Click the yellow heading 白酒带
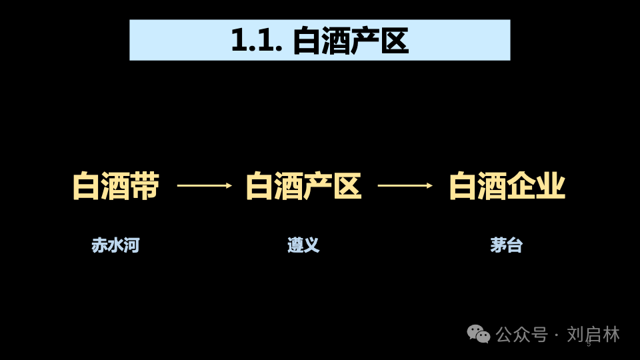pos(116,186)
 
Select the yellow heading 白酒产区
pos(303,186)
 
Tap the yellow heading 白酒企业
pos(507,186)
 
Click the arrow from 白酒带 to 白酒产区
pos(204,185)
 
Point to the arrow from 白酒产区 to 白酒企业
pos(405,185)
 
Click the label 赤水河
pos(115,245)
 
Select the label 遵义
pos(303,245)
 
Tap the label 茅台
pos(507,245)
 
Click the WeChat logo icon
pos(478,334)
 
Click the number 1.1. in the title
pos(257,41)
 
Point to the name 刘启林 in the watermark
pos(593,334)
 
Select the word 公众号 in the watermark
pos(521,334)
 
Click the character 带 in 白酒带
pos(145,186)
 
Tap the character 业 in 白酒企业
pos(551,186)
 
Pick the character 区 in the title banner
pos(394,41)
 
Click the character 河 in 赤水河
pos(131,245)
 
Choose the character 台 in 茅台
pos(515,245)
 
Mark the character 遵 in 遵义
pos(295,245)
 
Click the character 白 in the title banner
pos(307,41)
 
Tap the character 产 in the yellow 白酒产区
pos(318,186)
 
